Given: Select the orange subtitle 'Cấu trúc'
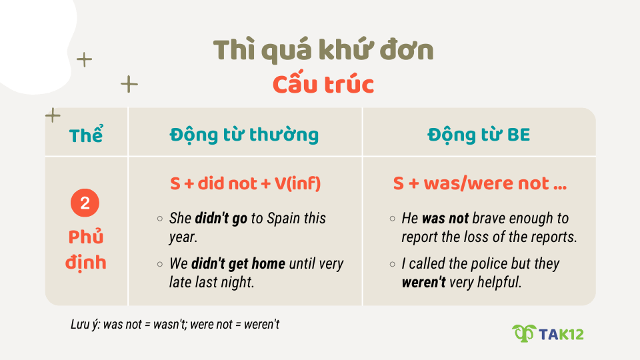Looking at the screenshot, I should tap(323, 85).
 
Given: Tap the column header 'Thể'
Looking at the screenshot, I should tap(86, 135).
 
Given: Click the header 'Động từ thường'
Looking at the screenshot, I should tap(244, 135).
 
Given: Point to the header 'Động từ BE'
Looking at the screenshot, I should tap(479, 135).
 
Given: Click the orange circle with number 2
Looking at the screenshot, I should tap(85, 204).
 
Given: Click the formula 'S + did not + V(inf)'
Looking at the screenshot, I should tap(245, 183).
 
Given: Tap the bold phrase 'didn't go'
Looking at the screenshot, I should tap(221, 219).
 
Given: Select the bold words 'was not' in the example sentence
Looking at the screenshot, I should tap(445, 219).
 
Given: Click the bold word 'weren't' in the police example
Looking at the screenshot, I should tap(423, 282).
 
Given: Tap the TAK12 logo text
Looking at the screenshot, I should tap(562, 333).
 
